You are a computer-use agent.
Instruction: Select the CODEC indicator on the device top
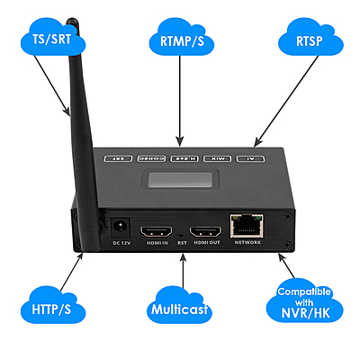pos(152,157)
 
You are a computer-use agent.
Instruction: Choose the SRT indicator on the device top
pos(118,157)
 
